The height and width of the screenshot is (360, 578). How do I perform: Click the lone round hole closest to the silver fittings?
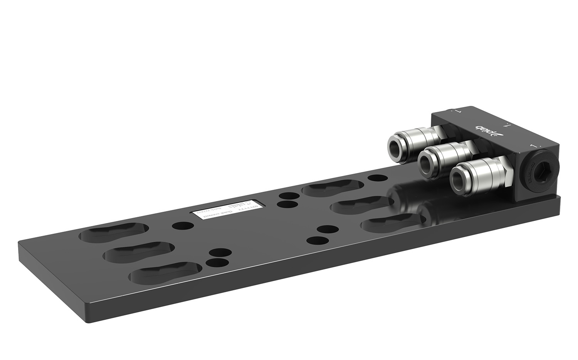coord(377,178)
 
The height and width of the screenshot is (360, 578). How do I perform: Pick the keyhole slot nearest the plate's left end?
coord(114,233)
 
